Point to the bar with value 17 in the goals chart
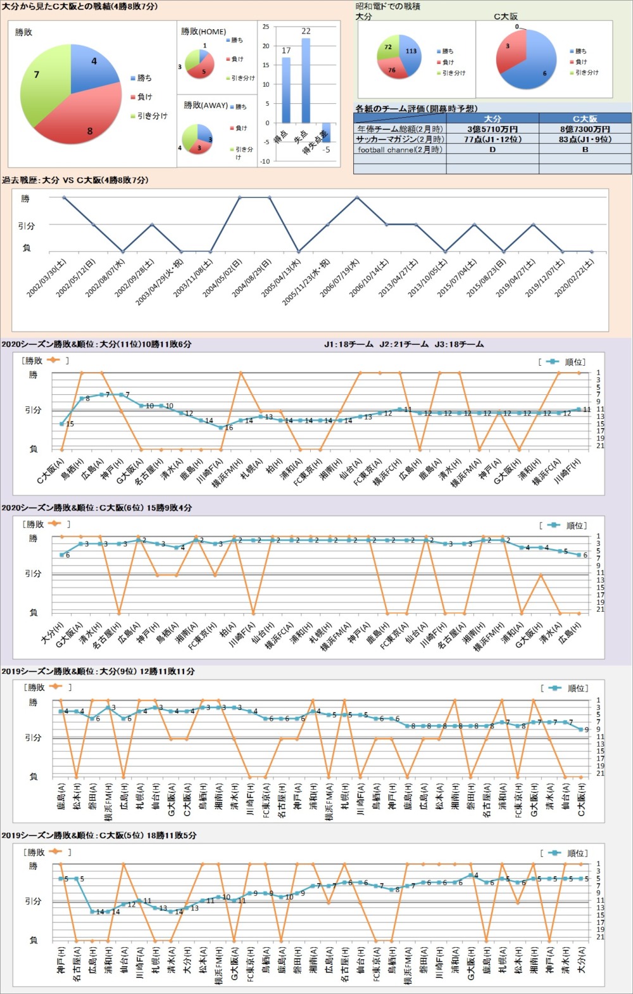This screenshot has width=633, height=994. (x=286, y=90)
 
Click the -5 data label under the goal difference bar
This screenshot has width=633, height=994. (x=326, y=150)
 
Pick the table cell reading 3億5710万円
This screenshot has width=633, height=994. (x=492, y=129)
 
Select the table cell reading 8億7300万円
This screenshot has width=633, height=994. (x=585, y=129)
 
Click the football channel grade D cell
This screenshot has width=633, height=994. (x=492, y=150)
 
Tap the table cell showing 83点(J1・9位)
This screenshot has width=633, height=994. (x=585, y=139)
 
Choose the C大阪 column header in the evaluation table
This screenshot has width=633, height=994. (x=585, y=119)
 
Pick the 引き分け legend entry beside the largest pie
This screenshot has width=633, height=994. (x=152, y=116)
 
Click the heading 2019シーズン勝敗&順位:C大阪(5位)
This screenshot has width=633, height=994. (x=99, y=836)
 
